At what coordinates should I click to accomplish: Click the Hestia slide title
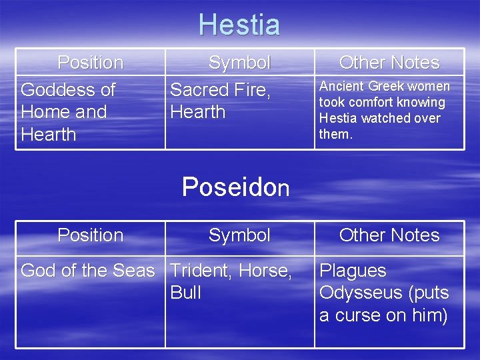pyautogui.click(x=239, y=25)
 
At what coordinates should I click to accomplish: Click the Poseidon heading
pyautogui.click(x=235, y=187)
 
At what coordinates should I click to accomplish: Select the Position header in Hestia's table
pyautogui.click(x=90, y=63)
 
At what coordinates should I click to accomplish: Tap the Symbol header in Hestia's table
pyautogui.click(x=239, y=63)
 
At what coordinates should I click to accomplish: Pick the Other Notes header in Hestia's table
pyautogui.click(x=389, y=63)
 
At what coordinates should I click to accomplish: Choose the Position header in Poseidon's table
pyautogui.click(x=90, y=235)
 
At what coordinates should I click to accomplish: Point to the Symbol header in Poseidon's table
pyautogui.click(x=239, y=235)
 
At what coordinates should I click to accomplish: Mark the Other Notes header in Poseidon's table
pyautogui.click(x=389, y=235)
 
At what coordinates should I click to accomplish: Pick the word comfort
pyautogui.click(x=373, y=103)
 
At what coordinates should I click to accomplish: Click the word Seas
pyautogui.click(x=135, y=271)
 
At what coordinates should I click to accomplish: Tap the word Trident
pyautogui.click(x=197, y=271)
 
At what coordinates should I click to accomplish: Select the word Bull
pyautogui.click(x=185, y=293)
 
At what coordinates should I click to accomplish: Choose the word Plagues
pyautogui.click(x=353, y=271)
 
